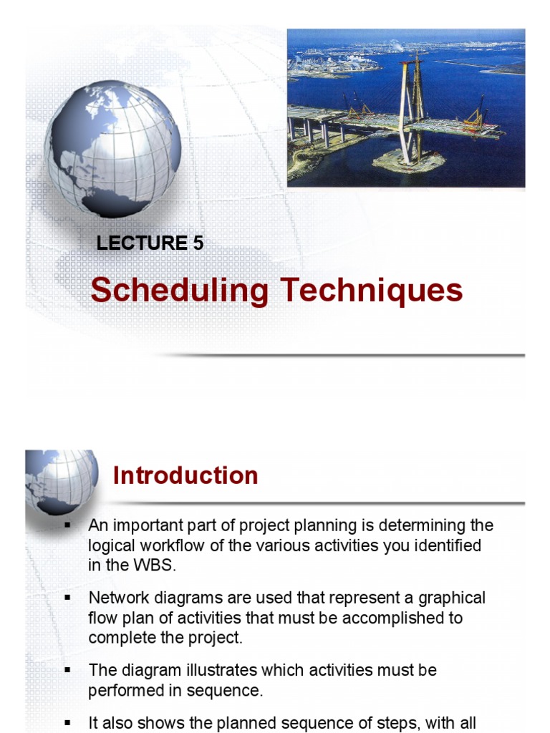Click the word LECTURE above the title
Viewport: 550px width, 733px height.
coord(142,243)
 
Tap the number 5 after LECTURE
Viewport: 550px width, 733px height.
coord(198,243)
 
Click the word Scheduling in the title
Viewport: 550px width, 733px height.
coord(180,291)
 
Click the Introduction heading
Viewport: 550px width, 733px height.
coord(185,475)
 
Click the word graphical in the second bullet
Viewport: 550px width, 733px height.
coord(450,598)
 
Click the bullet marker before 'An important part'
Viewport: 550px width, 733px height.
coord(67,525)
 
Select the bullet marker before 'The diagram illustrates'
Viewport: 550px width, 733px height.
coord(67,671)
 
